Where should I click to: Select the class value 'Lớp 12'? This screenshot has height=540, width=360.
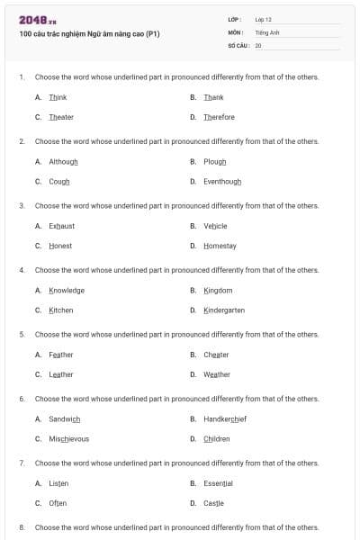pos(263,19)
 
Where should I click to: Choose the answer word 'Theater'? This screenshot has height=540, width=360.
pos(61,117)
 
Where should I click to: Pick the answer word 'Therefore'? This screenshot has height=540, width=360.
pos(219,117)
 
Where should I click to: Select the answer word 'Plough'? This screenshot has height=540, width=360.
pos(215,162)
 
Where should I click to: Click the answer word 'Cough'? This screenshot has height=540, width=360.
pos(59,181)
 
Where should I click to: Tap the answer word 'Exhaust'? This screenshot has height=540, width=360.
pos(62,226)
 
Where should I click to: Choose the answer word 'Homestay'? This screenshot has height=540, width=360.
pos(220,246)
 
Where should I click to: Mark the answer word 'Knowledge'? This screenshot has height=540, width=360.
pos(67,291)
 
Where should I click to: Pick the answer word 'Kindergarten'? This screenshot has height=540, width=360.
pos(224,310)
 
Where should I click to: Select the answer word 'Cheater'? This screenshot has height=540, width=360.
pos(216,355)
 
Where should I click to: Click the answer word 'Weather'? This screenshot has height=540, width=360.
pos(217,374)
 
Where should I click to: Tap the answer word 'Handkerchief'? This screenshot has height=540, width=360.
pos(225,419)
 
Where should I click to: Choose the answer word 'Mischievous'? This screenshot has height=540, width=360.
pos(69,438)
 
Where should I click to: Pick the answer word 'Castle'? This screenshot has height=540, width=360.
pos(213,503)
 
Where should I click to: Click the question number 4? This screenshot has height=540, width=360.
pos(22,270)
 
